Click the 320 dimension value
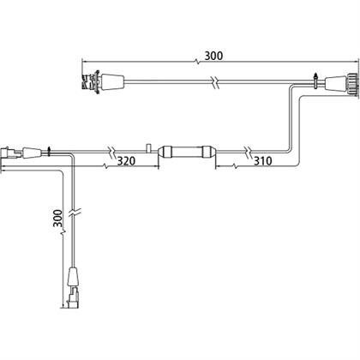pos(126,161)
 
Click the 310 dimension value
pos(263,161)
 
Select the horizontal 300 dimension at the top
pos(213,56)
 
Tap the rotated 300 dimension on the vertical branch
pos(58,219)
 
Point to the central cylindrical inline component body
pos(187,152)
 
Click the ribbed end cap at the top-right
pos(353,86)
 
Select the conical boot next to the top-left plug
pos(113,81)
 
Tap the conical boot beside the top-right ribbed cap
pos(337,85)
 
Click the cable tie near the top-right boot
pos(315,81)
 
